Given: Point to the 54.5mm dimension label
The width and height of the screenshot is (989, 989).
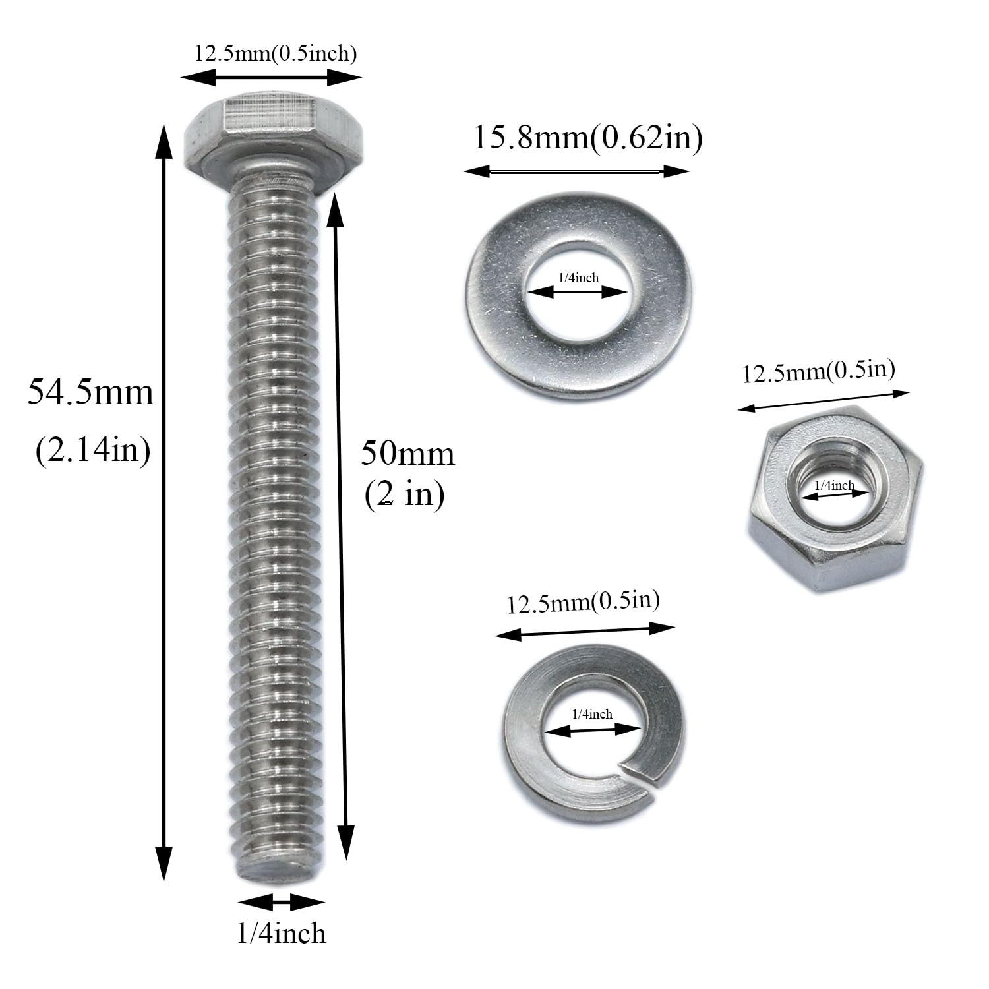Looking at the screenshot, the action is [90, 392].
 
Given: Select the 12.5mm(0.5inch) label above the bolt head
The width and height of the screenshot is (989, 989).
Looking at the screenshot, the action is [276, 53].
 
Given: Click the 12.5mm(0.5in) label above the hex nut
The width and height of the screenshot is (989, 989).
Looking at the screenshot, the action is [819, 372].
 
